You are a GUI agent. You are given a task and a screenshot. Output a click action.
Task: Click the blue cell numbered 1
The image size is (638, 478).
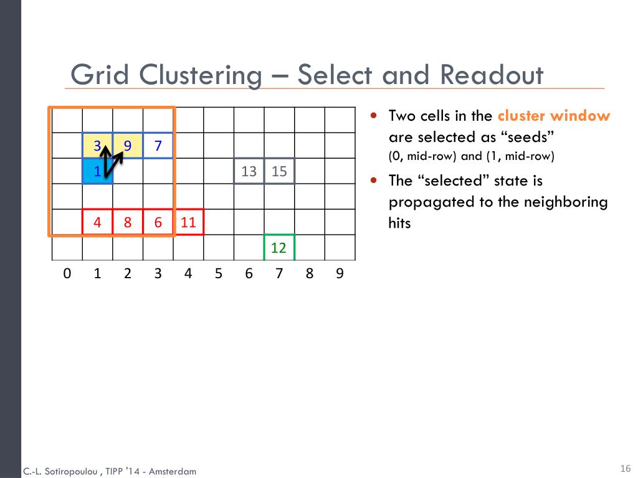coord(98,172)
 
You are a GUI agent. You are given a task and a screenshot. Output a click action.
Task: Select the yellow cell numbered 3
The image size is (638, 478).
coord(98,146)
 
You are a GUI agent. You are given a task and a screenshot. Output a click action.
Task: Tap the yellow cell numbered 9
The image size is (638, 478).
coord(128,146)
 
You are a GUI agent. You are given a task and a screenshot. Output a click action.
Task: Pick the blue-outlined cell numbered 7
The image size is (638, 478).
coord(158,146)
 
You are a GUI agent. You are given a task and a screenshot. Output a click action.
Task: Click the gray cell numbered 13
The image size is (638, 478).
coord(249,171)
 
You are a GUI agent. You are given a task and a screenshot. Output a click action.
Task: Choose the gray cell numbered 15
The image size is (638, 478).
coord(279,171)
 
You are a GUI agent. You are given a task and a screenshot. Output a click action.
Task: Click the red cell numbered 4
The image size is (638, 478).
coord(98,222)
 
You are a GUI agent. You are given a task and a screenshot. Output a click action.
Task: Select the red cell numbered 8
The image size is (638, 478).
coord(128,222)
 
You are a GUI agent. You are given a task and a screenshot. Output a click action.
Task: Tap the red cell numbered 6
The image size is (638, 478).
coord(158,222)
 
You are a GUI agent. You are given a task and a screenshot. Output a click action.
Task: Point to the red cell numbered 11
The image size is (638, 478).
coord(188,222)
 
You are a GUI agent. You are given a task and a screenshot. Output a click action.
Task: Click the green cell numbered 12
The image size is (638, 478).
coord(279,248)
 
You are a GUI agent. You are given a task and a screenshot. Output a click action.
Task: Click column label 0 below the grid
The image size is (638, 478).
coord(67,273)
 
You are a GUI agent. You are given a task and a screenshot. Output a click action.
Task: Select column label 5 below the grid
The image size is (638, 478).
coord(219,273)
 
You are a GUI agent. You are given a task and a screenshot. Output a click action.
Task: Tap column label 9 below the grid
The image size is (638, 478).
coord(340,273)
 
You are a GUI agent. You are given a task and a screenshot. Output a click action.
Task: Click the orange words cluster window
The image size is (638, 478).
coord(554,116)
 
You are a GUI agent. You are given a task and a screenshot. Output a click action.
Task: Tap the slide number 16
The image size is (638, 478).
coord(626,469)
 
